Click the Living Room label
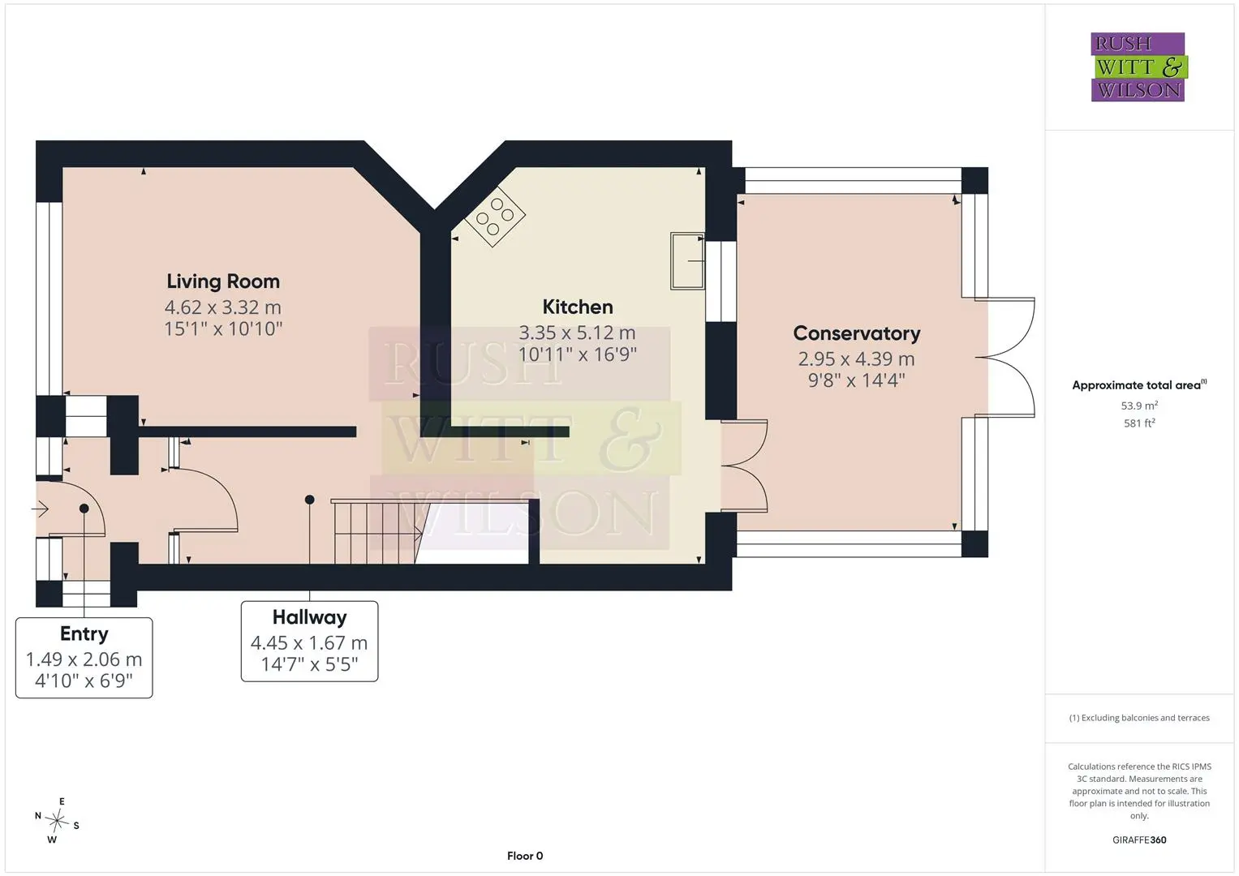click(223, 281)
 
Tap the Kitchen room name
click(578, 307)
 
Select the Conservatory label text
click(857, 333)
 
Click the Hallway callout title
click(310, 617)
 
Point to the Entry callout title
click(84, 633)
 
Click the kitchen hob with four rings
click(495, 217)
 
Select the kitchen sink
click(687, 261)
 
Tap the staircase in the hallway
click(377, 531)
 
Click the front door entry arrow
click(41, 509)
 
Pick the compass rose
click(57, 821)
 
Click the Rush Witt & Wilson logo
click(1138, 67)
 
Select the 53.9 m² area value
click(1139, 406)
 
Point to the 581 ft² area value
click(1139, 423)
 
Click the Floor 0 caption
click(525, 856)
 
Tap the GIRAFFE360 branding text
click(1139, 840)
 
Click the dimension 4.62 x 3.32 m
click(223, 307)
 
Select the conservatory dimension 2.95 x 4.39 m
click(856, 359)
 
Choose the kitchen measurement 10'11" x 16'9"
click(578, 354)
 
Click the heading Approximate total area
click(1139, 385)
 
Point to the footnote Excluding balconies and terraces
click(1139, 718)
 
